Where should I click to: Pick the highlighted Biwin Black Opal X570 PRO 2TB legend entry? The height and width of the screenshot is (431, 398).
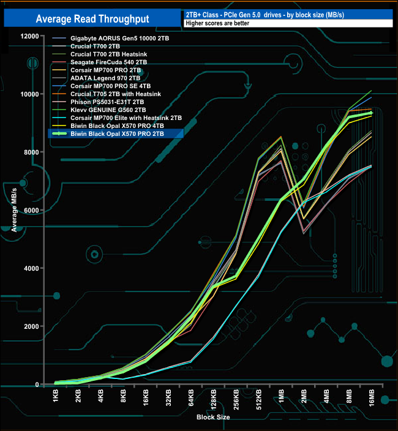[x=117, y=133]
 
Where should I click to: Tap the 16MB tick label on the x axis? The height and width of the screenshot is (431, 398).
[x=372, y=400]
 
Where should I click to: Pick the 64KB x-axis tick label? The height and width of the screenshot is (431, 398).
[x=191, y=399]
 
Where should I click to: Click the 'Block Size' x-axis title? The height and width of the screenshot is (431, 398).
[x=214, y=417]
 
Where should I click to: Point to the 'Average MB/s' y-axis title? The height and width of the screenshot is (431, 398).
[x=14, y=210]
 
